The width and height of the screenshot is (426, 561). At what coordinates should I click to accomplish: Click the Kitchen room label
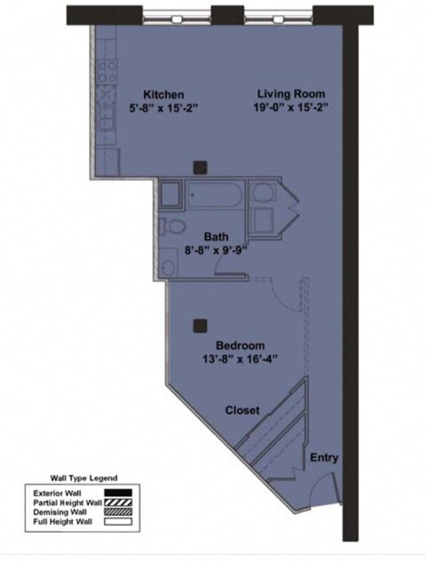(x=164, y=94)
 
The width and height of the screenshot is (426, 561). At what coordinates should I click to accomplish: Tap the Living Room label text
(x=291, y=93)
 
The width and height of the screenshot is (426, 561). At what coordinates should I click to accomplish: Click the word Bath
(x=216, y=236)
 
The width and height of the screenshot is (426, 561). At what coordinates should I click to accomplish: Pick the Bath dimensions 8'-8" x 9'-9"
(x=216, y=249)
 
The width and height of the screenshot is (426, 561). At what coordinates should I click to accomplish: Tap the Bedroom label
(x=241, y=344)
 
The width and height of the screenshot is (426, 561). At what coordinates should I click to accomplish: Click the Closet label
(x=241, y=410)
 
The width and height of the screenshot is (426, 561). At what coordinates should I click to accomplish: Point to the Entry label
(x=323, y=458)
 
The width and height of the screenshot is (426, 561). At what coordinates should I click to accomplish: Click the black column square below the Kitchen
(x=201, y=166)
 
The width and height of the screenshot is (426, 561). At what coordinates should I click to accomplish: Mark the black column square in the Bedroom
(x=201, y=326)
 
